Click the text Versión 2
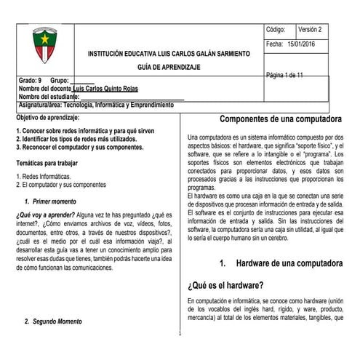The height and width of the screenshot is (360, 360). [x=313, y=30]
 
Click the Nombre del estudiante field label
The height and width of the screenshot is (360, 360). [x=47, y=97]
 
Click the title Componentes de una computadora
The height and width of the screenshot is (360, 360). [x=280, y=119]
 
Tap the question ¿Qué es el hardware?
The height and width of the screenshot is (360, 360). [x=225, y=284]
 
